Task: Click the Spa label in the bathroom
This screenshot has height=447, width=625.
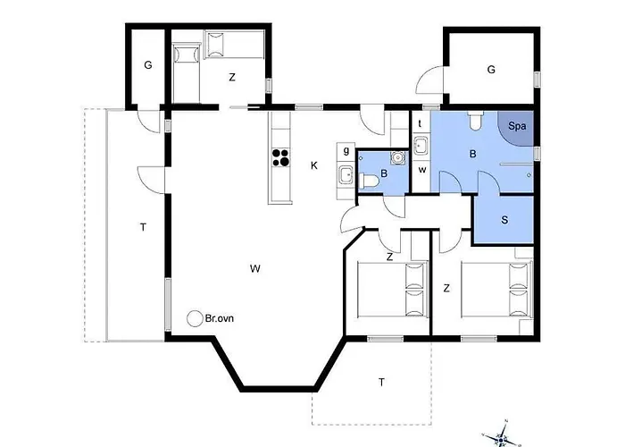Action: pyautogui.click(x=517, y=127)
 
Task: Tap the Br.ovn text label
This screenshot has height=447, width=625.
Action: pyautogui.click(x=220, y=318)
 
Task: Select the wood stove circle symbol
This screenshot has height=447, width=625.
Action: pyautogui.click(x=195, y=318)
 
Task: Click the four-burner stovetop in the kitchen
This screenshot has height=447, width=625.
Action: pyautogui.click(x=280, y=156)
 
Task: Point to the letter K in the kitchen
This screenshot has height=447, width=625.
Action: pyautogui.click(x=314, y=165)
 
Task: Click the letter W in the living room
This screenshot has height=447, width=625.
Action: pyautogui.click(x=255, y=268)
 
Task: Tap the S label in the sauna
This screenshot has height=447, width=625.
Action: pyautogui.click(x=504, y=220)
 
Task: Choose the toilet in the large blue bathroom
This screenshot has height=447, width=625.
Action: pyautogui.click(x=476, y=121)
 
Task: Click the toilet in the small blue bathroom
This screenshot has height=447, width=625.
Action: pyautogui.click(x=368, y=181)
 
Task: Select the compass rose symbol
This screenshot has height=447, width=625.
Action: pyautogui.click(x=501, y=435)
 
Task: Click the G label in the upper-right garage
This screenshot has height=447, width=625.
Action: pyautogui.click(x=491, y=70)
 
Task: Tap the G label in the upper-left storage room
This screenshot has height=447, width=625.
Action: pyautogui.click(x=148, y=65)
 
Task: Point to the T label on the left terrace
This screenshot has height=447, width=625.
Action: pyautogui.click(x=143, y=227)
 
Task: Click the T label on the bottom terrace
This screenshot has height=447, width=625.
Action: pyautogui.click(x=381, y=383)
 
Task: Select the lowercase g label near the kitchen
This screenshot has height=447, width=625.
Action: pyautogui.click(x=346, y=151)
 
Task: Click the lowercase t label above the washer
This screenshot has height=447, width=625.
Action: pyautogui.click(x=420, y=123)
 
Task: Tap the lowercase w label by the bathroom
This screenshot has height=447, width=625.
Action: pyautogui.click(x=422, y=170)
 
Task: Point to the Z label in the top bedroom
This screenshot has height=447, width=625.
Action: pyautogui.click(x=232, y=78)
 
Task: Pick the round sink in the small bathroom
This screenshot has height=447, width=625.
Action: pyautogui.click(x=397, y=157)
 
